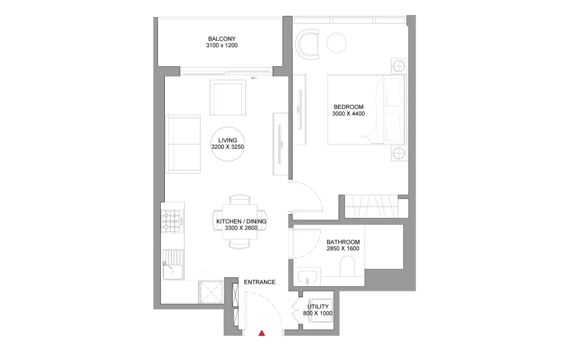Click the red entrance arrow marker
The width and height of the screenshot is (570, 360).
coord(262,333)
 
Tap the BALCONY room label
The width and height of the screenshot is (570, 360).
coord(222,39)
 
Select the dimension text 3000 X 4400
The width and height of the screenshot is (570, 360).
coord(348,114)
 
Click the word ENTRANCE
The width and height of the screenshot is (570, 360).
coord(260,282)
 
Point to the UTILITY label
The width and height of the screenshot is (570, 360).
coord(318,307)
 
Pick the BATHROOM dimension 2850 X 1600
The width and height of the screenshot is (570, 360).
coord(343,249)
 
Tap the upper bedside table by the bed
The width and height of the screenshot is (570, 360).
coord(398,65)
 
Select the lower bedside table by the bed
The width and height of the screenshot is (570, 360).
coord(398,153)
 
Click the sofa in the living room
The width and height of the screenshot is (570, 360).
coord(183,143)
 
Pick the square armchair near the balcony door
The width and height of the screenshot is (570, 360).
coord(228,97)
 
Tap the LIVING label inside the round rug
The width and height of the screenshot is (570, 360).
coord(228,140)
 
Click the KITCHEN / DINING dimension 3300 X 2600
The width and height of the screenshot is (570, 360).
coord(241,228)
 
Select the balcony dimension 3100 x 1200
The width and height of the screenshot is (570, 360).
coord(222,45)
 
